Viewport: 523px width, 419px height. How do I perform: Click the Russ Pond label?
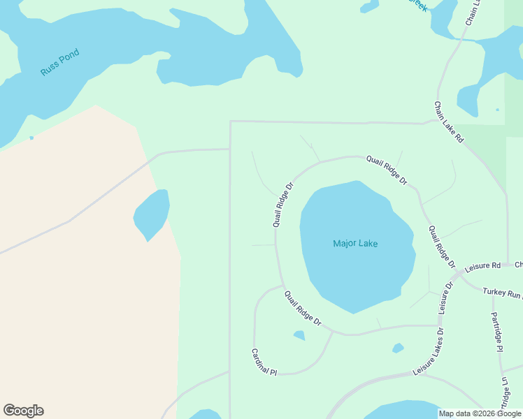coord(59,62)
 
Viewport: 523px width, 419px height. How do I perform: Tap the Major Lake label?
coord(355,244)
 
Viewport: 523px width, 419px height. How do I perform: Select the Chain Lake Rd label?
coord(449,123)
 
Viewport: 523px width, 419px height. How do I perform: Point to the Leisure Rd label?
coord(482,266)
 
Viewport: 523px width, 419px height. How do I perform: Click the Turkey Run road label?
coord(502,291)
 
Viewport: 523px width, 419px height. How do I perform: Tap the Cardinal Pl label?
coord(264,363)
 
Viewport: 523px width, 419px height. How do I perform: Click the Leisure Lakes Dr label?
coord(429,352)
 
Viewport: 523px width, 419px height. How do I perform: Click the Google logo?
coord(23,411)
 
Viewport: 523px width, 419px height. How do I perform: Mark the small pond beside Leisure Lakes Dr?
coord(398,348)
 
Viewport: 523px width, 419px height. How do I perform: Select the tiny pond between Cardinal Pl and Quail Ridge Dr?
coord(299,336)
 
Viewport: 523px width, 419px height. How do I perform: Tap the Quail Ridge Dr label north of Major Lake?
coord(387,170)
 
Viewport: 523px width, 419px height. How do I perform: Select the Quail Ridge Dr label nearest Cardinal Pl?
coord(303,309)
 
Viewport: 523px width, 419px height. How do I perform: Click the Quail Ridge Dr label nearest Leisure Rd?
coord(442,247)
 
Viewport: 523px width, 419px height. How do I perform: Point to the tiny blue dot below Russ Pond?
coord(31,138)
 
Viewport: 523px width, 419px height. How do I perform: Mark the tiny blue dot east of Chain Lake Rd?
coord(497,110)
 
